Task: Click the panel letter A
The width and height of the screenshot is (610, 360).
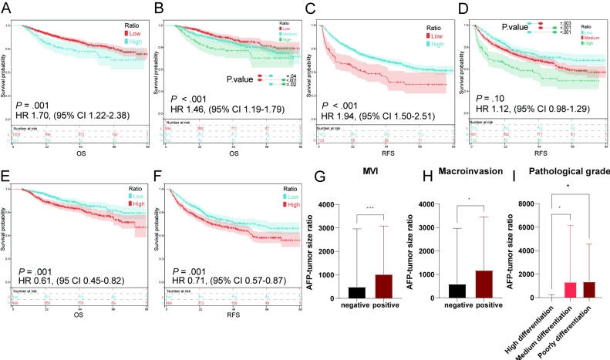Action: [x=6, y=8]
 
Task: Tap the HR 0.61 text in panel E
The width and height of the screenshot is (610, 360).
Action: [x=63, y=283]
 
